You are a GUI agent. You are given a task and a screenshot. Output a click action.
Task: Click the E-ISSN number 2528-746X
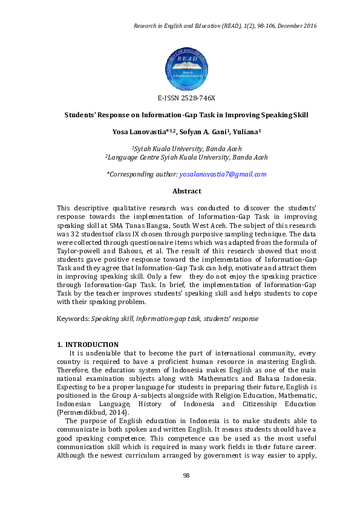(186, 98)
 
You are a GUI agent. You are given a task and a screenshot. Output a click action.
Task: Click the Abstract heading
(186, 191)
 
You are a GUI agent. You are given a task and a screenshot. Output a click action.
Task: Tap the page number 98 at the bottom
(186, 476)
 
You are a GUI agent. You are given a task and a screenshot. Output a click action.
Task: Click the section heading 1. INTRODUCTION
(87, 345)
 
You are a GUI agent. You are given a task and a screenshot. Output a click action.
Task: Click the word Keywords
(72, 319)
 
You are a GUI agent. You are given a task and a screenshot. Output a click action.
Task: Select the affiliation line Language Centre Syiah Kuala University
(186, 157)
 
